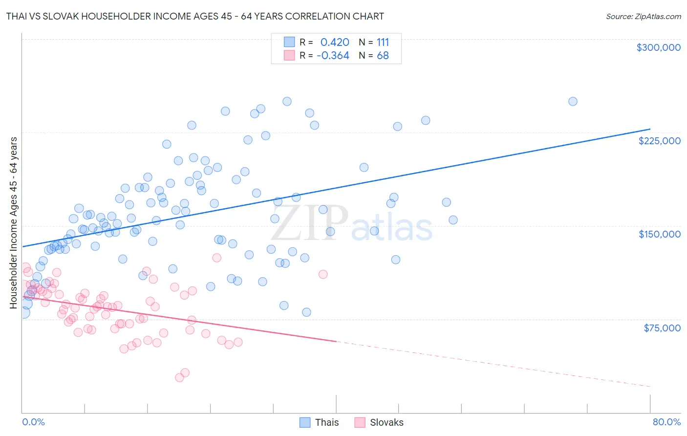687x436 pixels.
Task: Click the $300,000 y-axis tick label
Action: (x=658, y=47)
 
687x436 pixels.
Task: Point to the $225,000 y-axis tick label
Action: (x=659, y=141)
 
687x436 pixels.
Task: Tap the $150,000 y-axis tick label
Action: (x=659, y=234)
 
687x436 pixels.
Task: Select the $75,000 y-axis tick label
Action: (x=662, y=328)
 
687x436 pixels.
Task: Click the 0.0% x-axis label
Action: (x=33, y=422)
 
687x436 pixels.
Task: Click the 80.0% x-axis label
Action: (x=666, y=422)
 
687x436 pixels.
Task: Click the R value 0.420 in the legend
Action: (x=335, y=42)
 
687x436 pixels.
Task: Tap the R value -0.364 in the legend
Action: (x=333, y=56)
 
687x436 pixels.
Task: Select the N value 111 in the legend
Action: (x=383, y=42)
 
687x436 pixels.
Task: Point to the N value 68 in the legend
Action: (x=383, y=56)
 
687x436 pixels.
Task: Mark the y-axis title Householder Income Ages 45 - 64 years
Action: (x=13, y=223)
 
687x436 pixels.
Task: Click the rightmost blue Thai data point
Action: (x=573, y=102)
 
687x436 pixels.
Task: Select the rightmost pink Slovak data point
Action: (x=323, y=274)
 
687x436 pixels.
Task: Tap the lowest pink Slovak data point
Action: (x=179, y=377)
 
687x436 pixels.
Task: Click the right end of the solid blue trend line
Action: (x=650, y=129)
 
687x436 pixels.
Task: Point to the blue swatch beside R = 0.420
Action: (x=289, y=42)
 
